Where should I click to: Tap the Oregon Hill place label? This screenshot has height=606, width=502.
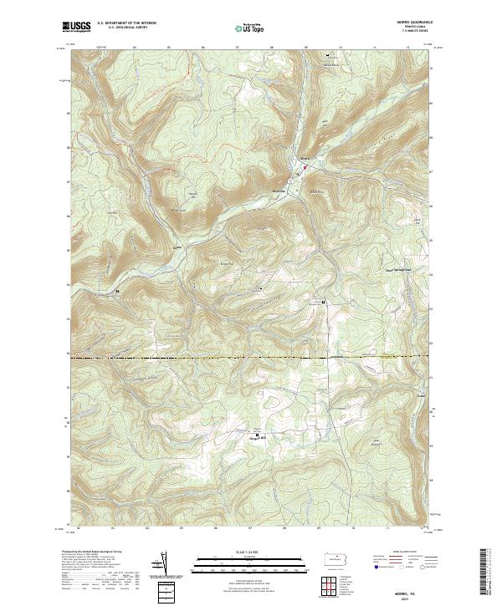(x=259, y=440)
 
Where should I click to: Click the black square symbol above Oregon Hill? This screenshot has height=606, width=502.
(x=258, y=434)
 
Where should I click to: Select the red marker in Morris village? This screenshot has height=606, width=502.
(x=305, y=167)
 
